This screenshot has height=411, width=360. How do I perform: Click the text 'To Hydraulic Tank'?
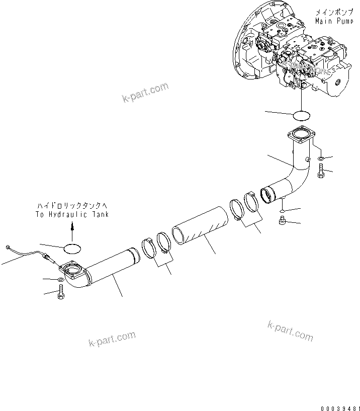pyautogui.click(x=72, y=214)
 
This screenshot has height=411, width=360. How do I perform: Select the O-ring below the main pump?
pyautogui.click(x=301, y=116)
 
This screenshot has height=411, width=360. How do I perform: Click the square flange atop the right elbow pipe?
pyautogui.click(x=301, y=136)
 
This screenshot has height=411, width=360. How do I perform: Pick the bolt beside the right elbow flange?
pyautogui.click(x=321, y=172)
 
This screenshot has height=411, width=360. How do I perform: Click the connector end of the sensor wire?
pyautogui.click(x=9, y=246)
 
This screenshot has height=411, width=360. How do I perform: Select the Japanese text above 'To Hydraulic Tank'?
pyautogui.click(x=72, y=206)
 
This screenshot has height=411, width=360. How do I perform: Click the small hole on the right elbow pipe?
pyautogui.click(x=306, y=160)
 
